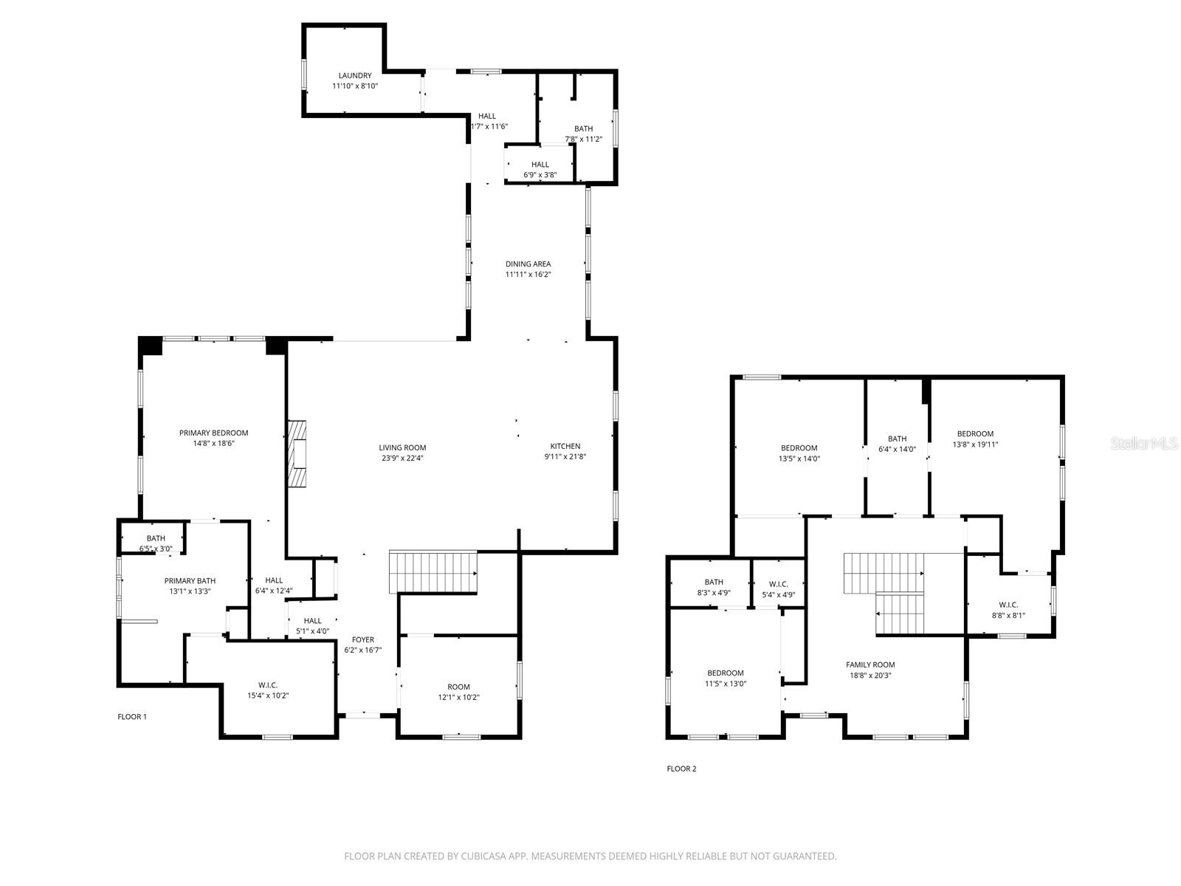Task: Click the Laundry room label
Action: (x=355, y=75)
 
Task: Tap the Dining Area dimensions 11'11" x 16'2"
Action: (x=528, y=275)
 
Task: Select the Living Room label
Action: (x=402, y=447)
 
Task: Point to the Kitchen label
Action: (x=565, y=446)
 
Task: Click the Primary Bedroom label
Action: (x=213, y=433)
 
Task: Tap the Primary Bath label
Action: (x=190, y=581)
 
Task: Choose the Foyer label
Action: (x=362, y=639)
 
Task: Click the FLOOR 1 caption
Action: (x=132, y=717)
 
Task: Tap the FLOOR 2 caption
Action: (x=681, y=769)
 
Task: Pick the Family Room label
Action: (x=870, y=664)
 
